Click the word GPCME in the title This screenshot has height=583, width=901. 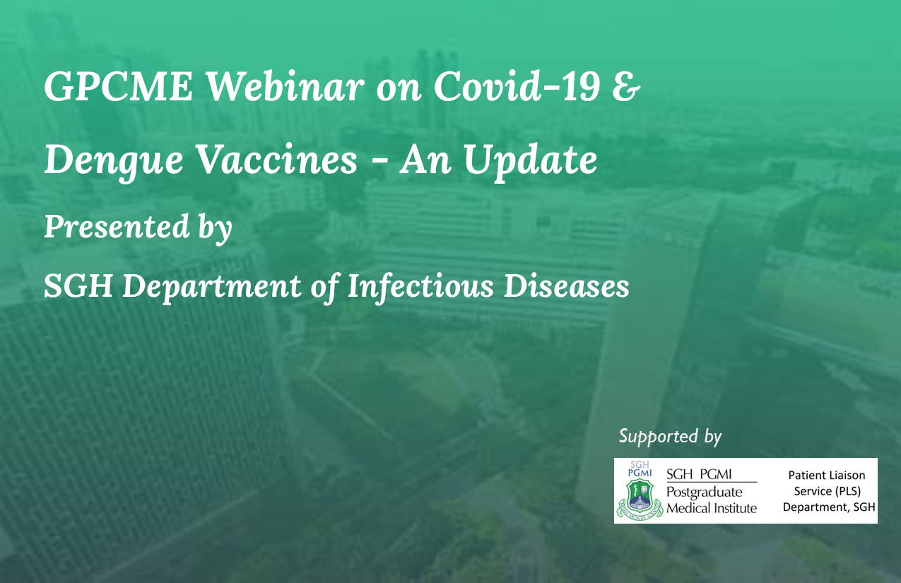[x=119, y=86]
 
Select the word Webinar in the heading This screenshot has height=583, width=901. [x=285, y=86]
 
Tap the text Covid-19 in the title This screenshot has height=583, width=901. [x=517, y=86]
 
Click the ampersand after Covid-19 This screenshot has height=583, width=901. [x=626, y=86]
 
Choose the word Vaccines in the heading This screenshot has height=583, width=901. [x=278, y=160]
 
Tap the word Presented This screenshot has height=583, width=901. [x=117, y=227]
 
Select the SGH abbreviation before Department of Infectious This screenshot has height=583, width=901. [x=78, y=286]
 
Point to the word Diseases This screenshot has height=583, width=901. [x=567, y=286]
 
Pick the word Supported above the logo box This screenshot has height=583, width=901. [x=659, y=437]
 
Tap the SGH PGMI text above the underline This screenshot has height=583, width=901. [x=699, y=474]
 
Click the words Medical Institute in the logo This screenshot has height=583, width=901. [x=712, y=508]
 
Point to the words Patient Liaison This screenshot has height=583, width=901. [x=827, y=475]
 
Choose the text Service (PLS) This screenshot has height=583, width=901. [x=828, y=491]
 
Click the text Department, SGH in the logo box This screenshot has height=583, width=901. [x=829, y=507]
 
